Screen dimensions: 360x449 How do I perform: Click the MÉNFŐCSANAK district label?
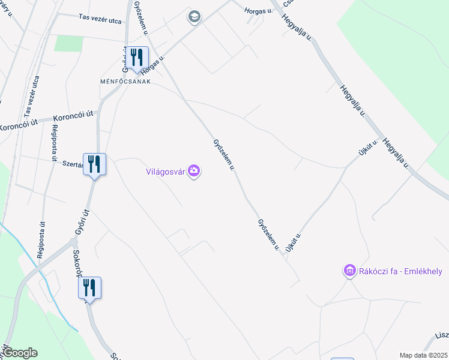[125, 81]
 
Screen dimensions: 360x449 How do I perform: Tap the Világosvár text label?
[166, 172]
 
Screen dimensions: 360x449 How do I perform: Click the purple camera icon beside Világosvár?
[194, 172]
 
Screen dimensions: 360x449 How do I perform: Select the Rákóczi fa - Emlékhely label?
[400, 271]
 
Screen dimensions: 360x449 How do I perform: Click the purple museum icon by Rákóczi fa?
[349, 271]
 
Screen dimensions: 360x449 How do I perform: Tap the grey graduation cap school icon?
[194, 16]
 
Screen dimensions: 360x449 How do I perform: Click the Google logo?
[19, 353]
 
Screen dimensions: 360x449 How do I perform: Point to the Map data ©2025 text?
[423, 355]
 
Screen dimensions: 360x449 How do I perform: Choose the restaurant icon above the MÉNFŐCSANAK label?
[137, 57]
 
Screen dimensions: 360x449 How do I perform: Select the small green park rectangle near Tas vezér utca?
[69, 43]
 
